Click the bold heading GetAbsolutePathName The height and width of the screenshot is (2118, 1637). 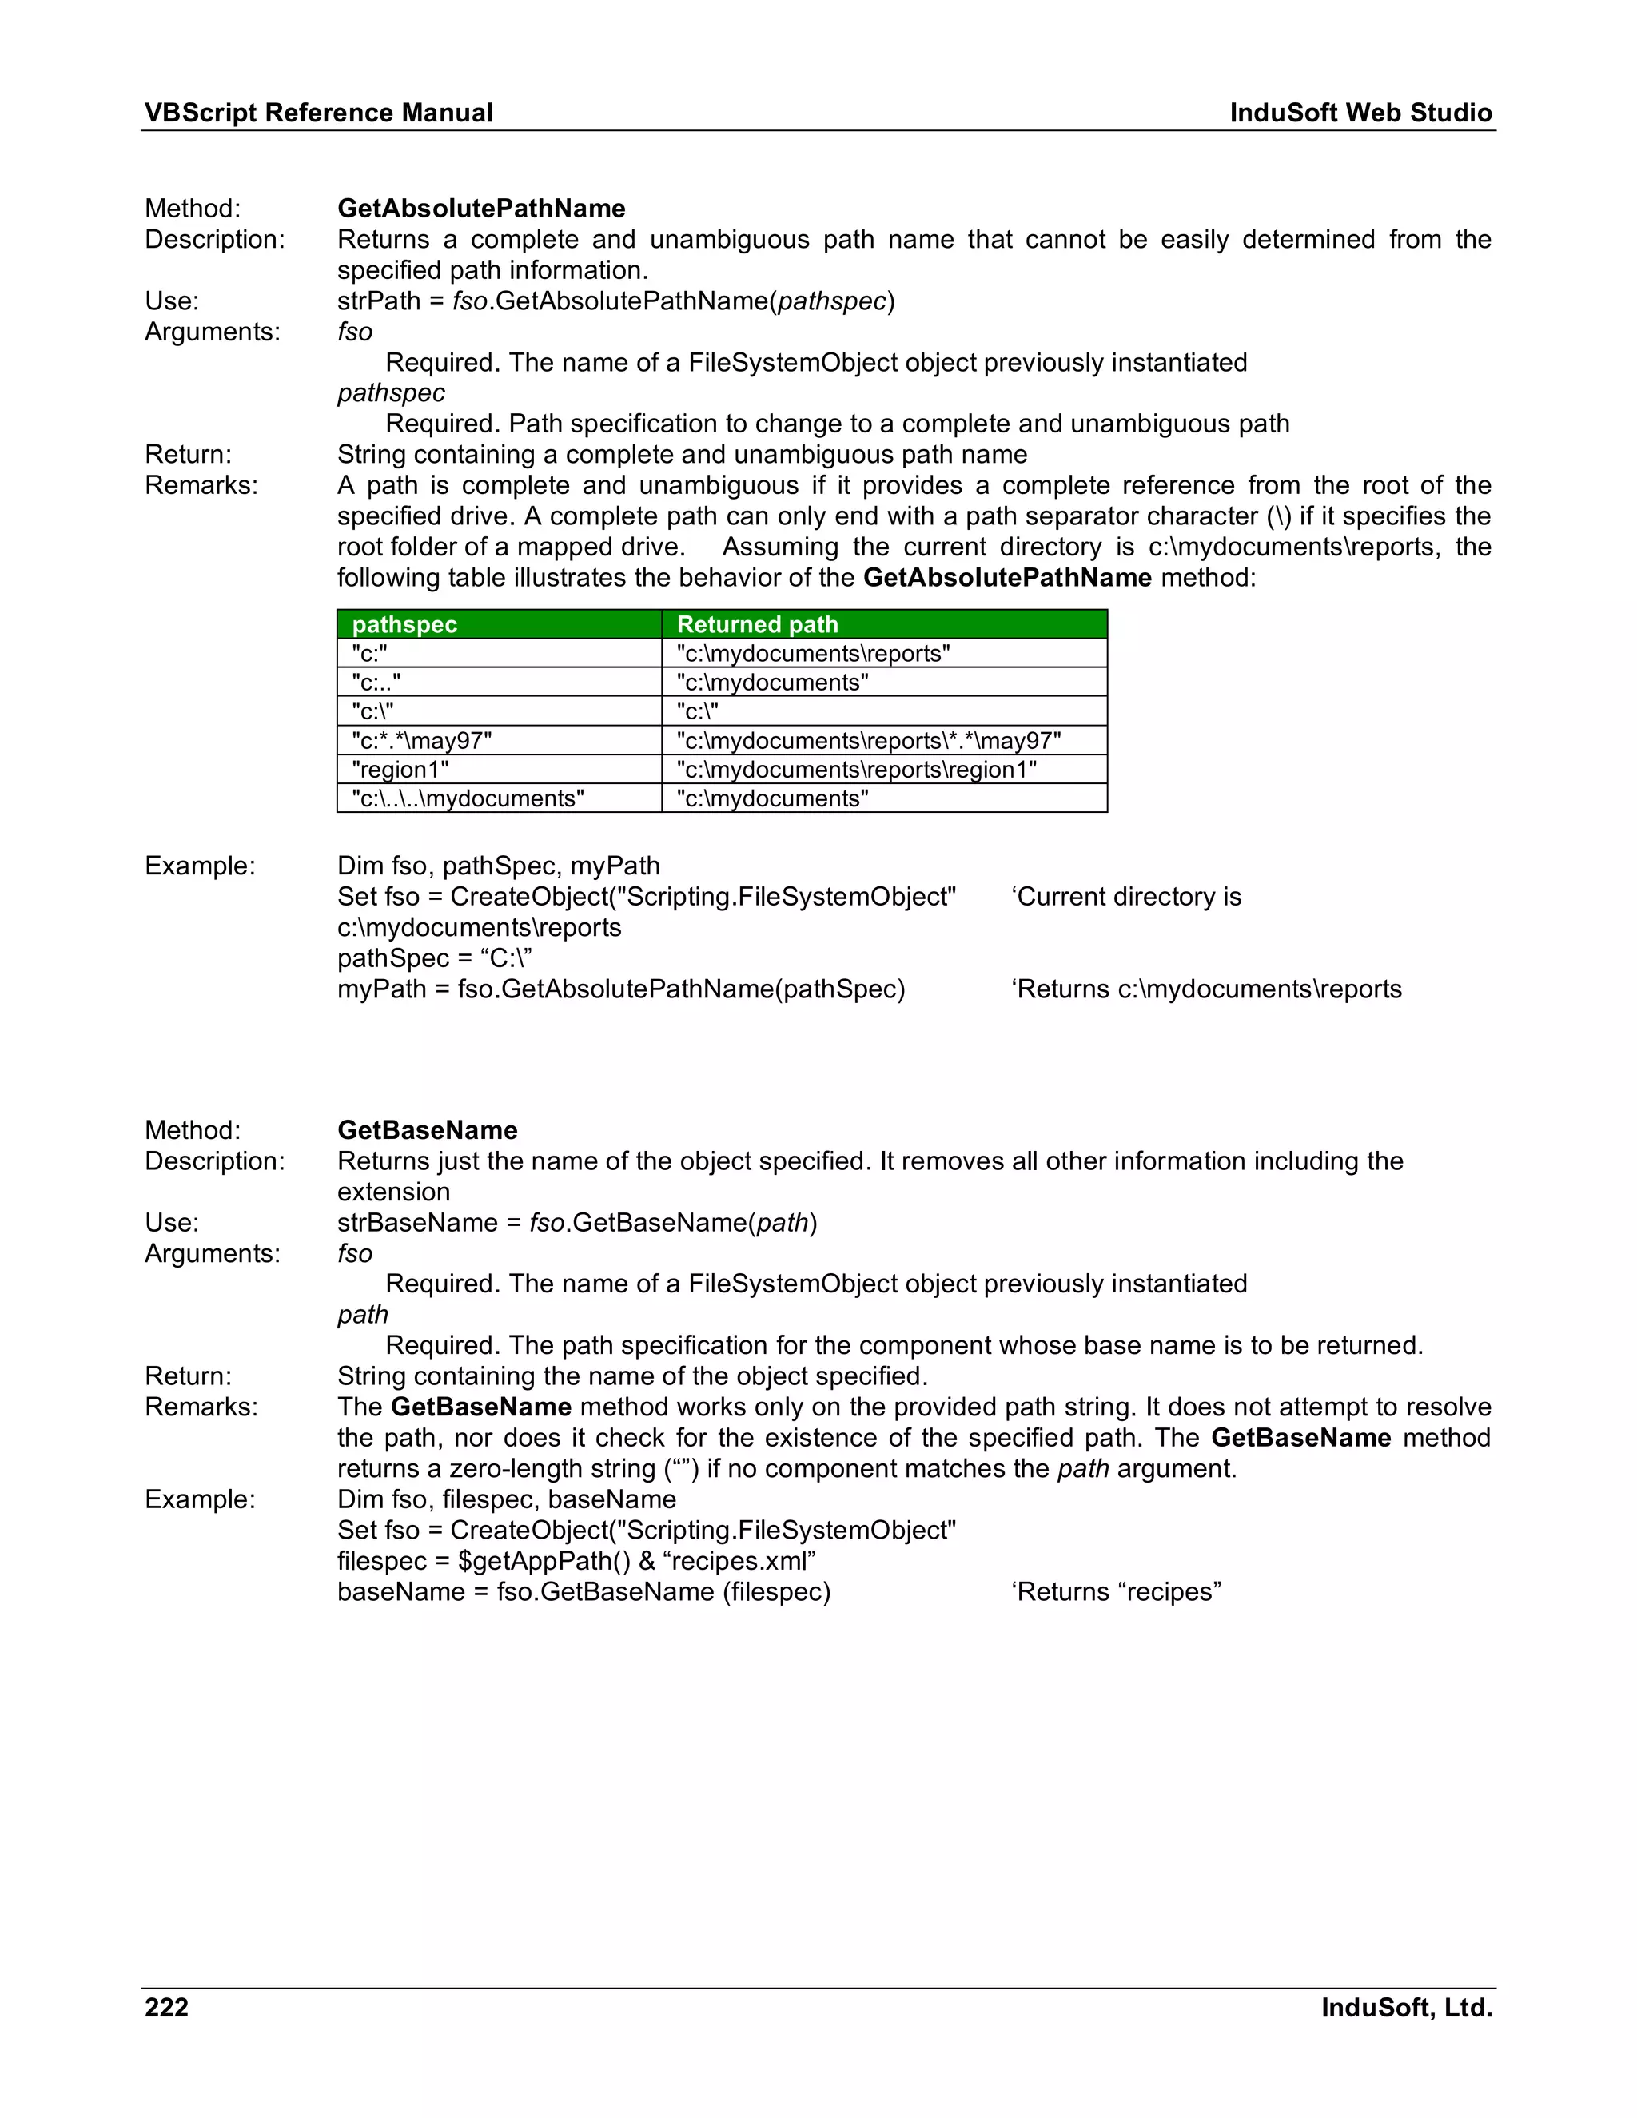click(x=481, y=209)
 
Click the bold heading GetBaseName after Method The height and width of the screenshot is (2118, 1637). click(x=427, y=1130)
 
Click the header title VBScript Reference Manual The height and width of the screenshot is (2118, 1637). click(x=318, y=113)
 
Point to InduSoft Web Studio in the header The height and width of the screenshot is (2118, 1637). click(x=1360, y=113)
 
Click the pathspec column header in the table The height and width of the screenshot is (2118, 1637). click(x=404, y=624)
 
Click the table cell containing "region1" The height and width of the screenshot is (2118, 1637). click(x=400, y=769)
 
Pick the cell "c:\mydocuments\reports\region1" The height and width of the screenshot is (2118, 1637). click(x=856, y=769)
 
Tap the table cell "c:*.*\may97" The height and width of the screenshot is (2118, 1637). click(x=422, y=741)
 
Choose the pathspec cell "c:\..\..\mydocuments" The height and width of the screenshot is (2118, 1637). click(x=468, y=798)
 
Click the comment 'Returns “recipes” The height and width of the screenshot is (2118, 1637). click(x=1115, y=1591)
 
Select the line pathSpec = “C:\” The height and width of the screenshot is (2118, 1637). click(x=435, y=958)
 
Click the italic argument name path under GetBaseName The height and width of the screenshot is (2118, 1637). click(x=363, y=1314)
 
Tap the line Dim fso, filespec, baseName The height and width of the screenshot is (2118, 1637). click(x=506, y=1499)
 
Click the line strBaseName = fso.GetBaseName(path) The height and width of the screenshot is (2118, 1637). click(x=577, y=1222)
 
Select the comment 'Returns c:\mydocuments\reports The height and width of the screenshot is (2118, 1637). click(x=1206, y=989)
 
